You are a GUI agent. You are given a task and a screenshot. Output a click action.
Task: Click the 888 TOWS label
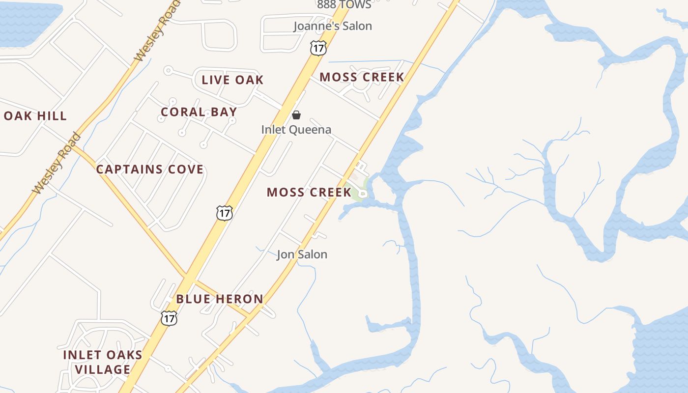tap(344, 5)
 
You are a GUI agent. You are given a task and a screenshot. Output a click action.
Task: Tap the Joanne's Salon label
tap(333, 26)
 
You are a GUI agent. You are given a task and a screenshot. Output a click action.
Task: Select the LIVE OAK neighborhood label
tap(232, 80)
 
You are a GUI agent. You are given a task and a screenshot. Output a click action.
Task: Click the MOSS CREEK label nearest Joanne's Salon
tap(362, 77)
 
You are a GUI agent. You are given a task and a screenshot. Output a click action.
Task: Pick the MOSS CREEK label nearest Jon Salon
tap(309, 192)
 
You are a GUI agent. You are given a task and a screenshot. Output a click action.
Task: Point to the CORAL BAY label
tap(199, 112)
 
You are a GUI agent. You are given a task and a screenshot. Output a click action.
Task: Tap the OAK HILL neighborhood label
tap(35, 116)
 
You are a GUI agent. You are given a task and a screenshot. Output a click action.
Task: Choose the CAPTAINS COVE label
tap(149, 169)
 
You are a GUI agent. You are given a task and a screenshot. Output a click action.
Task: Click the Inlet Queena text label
tap(296, 130)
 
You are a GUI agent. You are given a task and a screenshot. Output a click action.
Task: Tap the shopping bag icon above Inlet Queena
tap(296, 115)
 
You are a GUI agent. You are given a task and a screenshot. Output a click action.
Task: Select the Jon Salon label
tap(302, 254)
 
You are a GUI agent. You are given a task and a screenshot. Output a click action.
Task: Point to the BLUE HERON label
tap(220, 299)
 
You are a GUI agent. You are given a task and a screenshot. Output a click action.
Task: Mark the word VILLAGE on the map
tap(103, 369)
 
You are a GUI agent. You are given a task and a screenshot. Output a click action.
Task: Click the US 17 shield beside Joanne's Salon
tap(318, 48)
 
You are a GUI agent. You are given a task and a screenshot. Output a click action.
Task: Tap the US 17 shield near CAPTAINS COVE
tap(224, 213)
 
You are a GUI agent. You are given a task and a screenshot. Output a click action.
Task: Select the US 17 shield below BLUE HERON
tap(169, 318)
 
